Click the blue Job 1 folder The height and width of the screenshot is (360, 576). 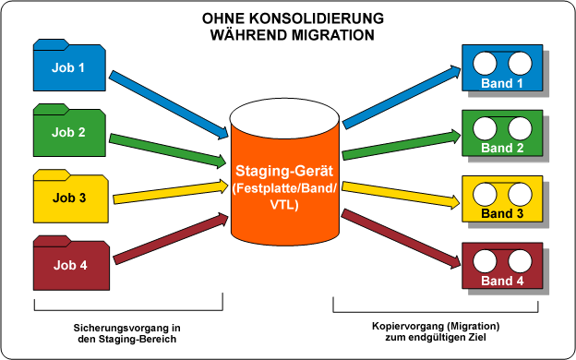click(70, 66)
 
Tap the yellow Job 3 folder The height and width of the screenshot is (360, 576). click(70, 197)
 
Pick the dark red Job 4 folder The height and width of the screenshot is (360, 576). click(70, 265)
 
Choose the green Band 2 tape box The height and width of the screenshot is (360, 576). click(502, 135)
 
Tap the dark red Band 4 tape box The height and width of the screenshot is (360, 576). click(502, 266)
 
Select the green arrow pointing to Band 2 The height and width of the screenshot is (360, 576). click(402, 148)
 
